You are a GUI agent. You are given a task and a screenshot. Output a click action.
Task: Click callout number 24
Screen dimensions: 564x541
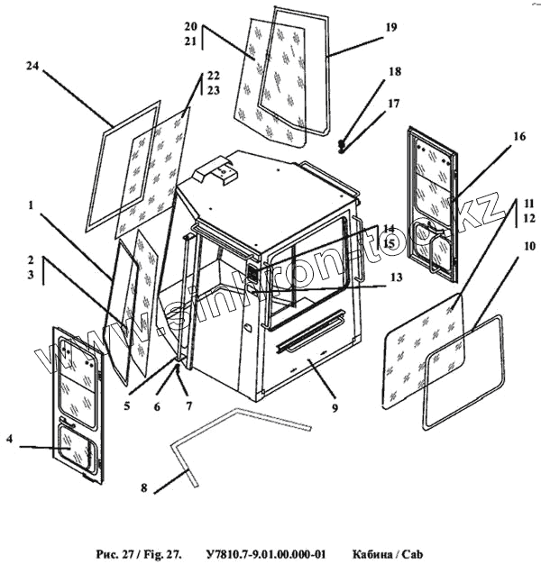32,67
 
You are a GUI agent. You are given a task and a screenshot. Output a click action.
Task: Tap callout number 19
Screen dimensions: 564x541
390,28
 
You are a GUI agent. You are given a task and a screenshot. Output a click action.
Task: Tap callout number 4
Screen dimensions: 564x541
8,440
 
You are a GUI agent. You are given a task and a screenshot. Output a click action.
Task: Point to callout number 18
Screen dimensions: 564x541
394,71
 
